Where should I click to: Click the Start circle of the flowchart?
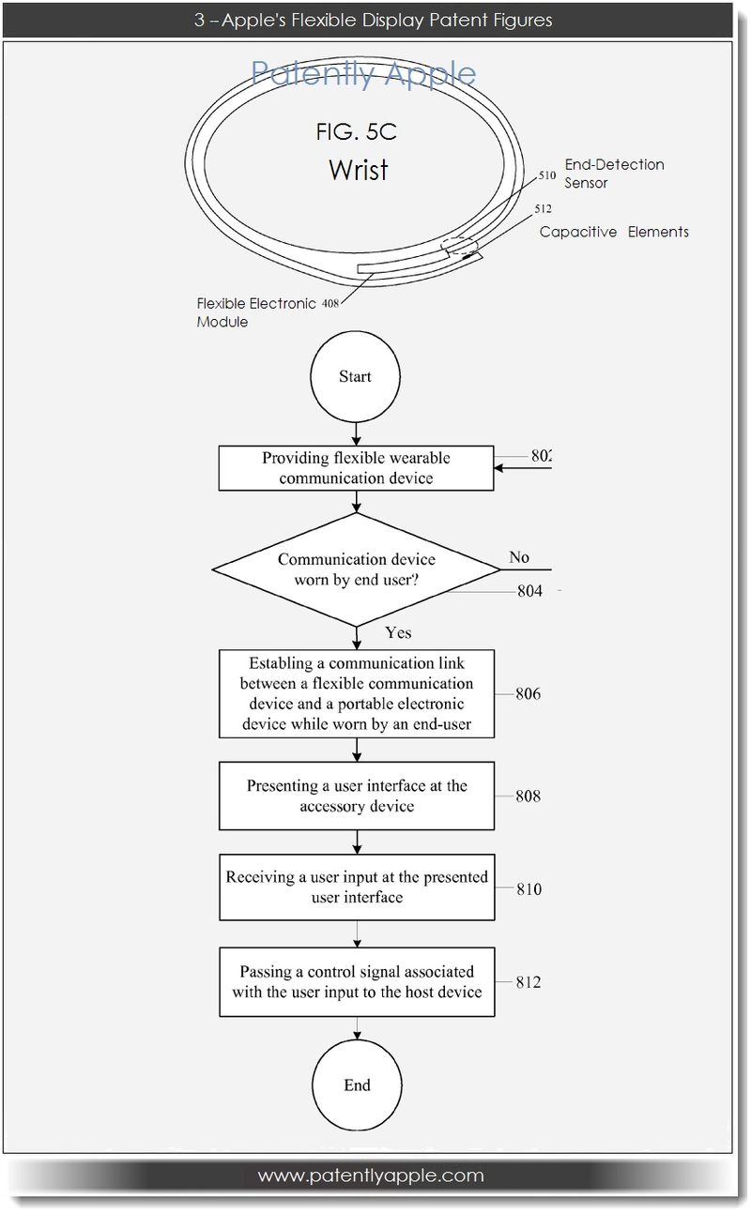[x=356, y=377]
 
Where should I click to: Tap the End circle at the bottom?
[x=357, y=1085]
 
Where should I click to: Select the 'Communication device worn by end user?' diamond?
[x=356, y=569]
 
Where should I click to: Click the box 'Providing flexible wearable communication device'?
[x=356, y=468]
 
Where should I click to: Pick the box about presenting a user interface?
[x=356, y=796]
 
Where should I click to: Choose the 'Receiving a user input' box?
[x=356, y=887]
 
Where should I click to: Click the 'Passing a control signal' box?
[x=356, y=981]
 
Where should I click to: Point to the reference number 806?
[x=528, y=695]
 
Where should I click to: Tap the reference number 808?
[x=528, y=796]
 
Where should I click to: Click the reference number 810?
[x=528, y=888]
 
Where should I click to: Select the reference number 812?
[x=528, y=982]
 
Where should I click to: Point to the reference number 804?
[x=529, y=592]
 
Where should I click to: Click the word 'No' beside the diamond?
[x=519, y=557]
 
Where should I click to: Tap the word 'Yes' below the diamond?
[x=398, y=632]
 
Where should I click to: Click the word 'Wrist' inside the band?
[x=358, y=170]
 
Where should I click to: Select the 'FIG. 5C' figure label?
[x=356, y=132]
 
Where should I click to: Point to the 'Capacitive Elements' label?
[x=614, y=232]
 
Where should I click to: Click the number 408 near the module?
[x=330, y=303]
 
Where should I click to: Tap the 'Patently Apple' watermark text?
[x=363, y=73]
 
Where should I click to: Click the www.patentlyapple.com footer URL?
[x=371, y=1175]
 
